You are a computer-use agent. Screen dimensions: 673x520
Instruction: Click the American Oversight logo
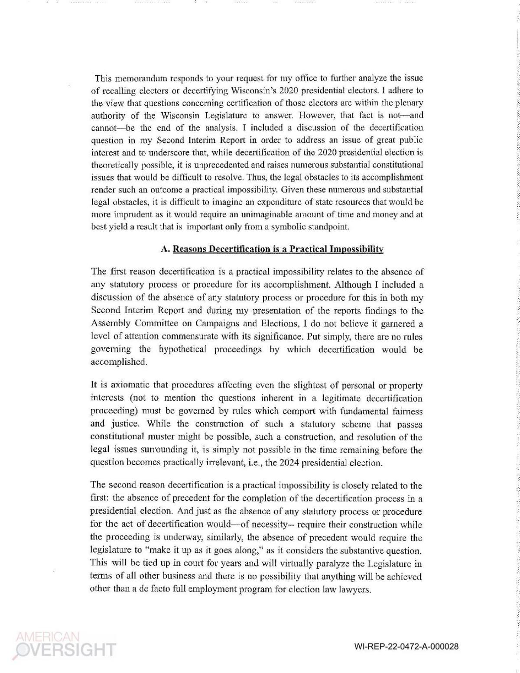65,644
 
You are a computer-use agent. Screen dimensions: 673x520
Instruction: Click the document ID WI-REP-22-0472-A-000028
406,647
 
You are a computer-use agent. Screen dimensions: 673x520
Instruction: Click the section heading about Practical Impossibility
278,249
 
